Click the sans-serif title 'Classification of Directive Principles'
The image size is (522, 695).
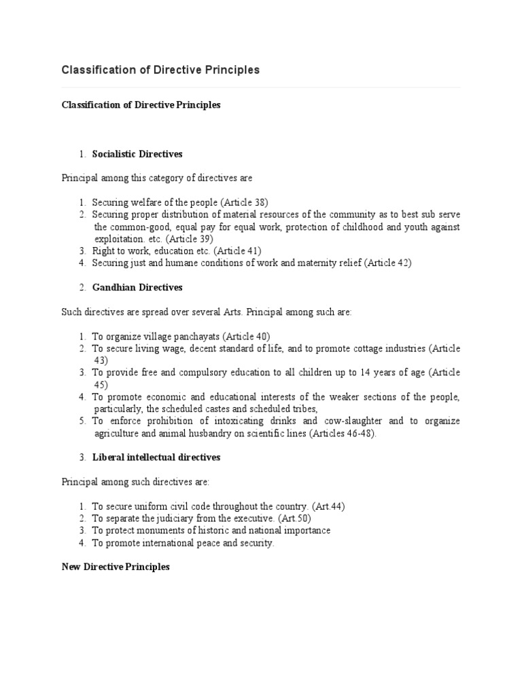[160, 70]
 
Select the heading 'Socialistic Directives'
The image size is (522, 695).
[137, 154]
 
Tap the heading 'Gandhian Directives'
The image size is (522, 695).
[137, 287]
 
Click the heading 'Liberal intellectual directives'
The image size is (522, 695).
[156, 457]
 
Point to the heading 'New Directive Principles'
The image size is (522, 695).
[116, 567]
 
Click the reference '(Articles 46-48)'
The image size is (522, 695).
[343, 433]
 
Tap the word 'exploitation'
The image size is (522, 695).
[118, 239]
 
